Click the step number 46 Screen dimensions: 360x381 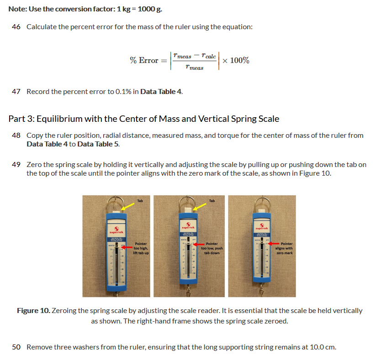pos(16,27)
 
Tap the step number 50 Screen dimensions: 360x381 pos(16,347)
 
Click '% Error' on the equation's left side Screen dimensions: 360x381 pos(144,61)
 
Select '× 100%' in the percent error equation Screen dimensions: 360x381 pos(235,61)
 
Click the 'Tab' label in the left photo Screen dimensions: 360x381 pos(140,201)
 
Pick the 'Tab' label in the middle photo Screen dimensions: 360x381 pos(212,201)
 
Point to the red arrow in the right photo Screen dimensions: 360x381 pos(273,244)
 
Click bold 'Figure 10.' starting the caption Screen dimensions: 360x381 pos(33,311)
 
